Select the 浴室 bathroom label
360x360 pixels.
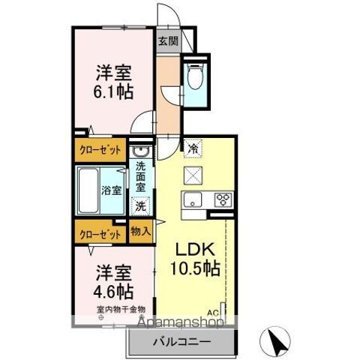click(x=112, y=190)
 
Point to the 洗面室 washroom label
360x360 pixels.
click(x=140, y=180)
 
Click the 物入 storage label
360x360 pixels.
click(x=140, y=231)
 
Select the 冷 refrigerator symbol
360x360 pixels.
click(x=192, y=149)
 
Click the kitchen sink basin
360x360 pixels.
click(x=193, y=199)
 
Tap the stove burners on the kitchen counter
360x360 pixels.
click(x=223, y=199)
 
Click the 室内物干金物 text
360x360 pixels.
click(x=120, y=308)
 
